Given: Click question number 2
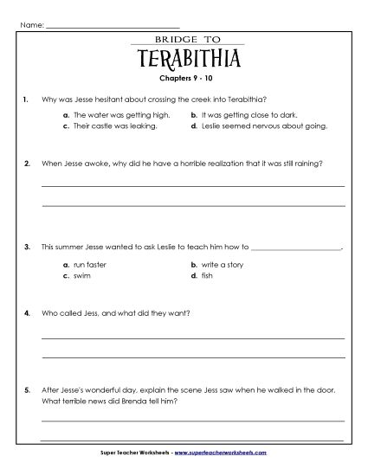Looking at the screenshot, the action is (x=28, y=162).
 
